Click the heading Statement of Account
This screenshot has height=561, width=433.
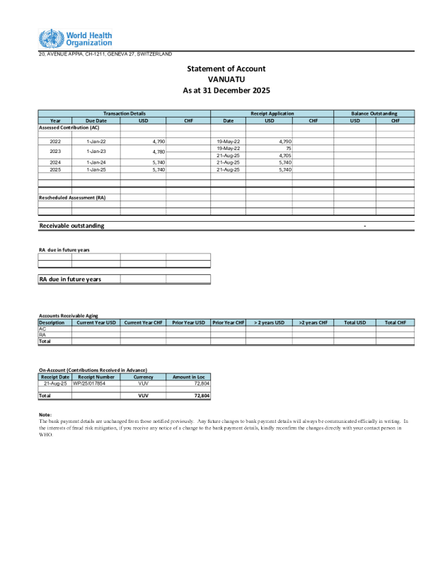pyautogui.click(x=226, y=69)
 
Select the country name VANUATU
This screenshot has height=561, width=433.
pyautogui.click(x=226, y=79)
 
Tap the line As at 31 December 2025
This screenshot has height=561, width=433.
pyautogui.click(x=226, y=91)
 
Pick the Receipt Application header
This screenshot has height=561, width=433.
pyautogui.click(x=272, y=113)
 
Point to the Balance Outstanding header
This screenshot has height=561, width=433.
pyautogui.click(x=374, y=113)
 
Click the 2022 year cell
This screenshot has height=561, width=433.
pyautogui.click(x=55, y=142)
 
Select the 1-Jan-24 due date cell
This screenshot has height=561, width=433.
pyautogui.click(x=96, y=162)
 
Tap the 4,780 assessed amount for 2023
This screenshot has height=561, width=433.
pyautogui.click(x=159, y=152)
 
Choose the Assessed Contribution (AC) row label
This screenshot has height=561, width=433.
pyautogui.click(x=69, y=127)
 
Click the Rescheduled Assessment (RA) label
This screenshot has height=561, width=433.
pyautogui.click(x=71, y=198)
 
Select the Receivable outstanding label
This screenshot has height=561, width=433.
pyautogui.click(x=71, y=225)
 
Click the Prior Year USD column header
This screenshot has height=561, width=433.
pyautogui.click(x=189, y=322)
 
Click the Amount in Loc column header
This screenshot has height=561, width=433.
pyautogui.click(x=188, y=376)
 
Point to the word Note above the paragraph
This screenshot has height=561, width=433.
pyautogui.click(x=45, y=414)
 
